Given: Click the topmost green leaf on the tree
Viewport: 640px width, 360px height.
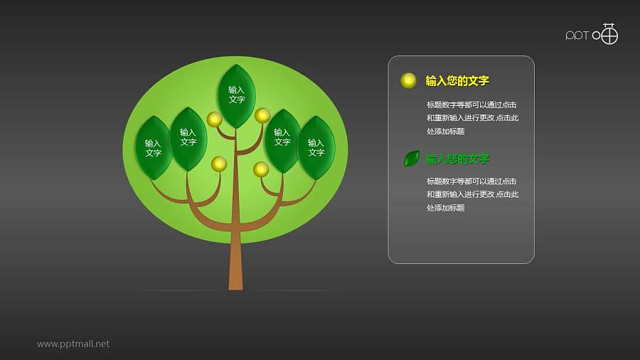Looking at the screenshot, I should (x=236, y=96).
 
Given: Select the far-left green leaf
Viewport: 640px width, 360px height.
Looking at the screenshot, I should (x=153, y=148).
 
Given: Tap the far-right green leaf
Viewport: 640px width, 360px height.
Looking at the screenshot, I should (x=316, y=148).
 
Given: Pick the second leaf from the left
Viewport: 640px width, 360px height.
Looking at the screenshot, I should (x=188, y=139).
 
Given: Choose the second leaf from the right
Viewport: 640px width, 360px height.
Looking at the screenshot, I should (x=282, y=140).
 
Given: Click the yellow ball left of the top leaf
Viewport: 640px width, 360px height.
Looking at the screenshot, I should (x=214, y=119).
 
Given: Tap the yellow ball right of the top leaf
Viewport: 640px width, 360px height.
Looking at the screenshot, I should (x=262, y=115).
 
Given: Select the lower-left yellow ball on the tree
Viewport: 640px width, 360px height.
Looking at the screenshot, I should (x=219, y=164).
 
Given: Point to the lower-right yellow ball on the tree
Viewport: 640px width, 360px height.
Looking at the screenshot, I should (x=261, y=169).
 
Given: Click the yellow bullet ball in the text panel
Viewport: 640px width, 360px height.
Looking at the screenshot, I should (x=408, y=80).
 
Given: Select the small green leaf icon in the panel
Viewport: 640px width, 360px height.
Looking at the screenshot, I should (x=411, y=159).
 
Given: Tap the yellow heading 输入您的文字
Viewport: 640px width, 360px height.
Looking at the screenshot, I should (x=457, y=81).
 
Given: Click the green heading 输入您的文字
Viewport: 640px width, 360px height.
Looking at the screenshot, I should (x=457, y=159).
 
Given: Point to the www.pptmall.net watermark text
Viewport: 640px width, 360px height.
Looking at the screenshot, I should (x=73, y=344).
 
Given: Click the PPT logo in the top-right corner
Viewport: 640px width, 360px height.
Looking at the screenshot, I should (x=592, y=34).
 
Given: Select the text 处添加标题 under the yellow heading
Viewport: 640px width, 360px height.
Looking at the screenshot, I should (x=446, y=132).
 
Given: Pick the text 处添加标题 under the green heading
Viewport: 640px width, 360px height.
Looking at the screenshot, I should (x=446, y=208).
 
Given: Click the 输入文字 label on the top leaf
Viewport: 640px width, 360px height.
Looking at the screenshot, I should (x=236, y=95).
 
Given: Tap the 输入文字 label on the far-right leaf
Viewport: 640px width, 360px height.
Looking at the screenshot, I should (x=316, y=148).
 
